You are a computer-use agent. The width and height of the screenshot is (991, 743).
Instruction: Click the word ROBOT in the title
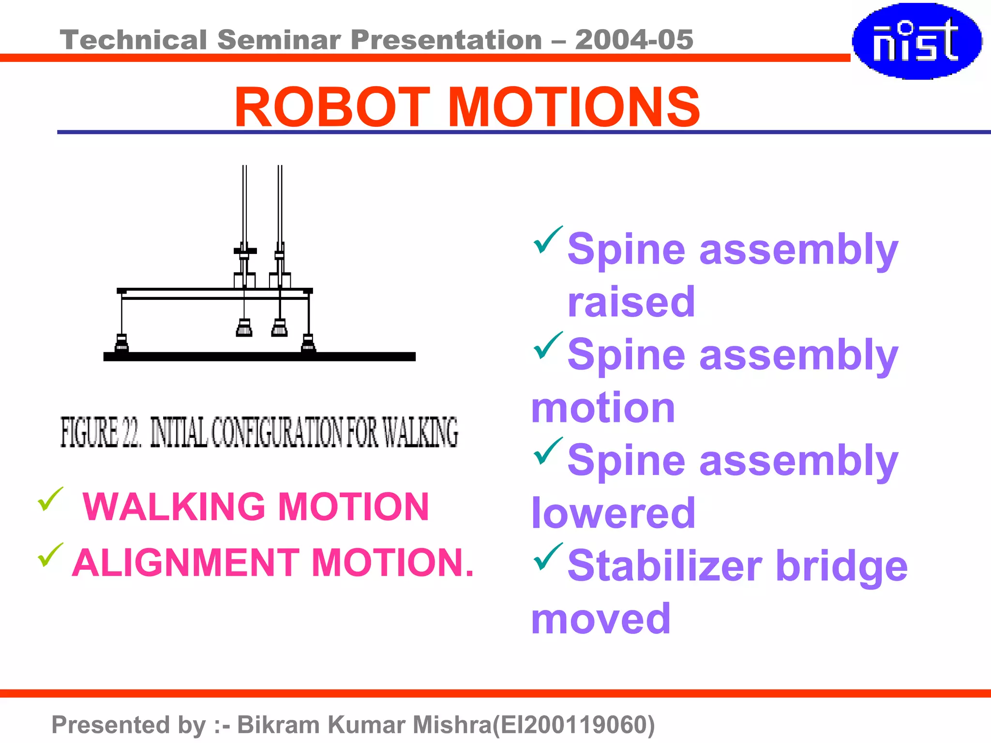point(332,107)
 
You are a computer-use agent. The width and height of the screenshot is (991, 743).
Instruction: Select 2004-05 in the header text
point(634,40)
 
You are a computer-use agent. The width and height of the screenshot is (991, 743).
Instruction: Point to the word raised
point(631,302)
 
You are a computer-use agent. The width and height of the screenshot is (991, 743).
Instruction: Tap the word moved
point(601,619)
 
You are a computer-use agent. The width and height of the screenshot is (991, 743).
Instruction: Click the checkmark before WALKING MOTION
point(50,499)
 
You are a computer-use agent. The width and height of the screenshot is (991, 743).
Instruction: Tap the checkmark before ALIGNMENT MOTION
point(50,555)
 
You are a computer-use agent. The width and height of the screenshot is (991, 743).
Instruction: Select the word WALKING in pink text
point(174,507)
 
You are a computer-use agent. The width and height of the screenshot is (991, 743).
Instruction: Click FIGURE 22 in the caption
point(100,432)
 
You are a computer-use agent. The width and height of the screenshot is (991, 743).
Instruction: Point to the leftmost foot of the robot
point(121,344)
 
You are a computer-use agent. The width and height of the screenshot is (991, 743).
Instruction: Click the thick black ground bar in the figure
point(259,357)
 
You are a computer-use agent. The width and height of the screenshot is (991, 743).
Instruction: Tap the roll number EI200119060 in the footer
point(573,725)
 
